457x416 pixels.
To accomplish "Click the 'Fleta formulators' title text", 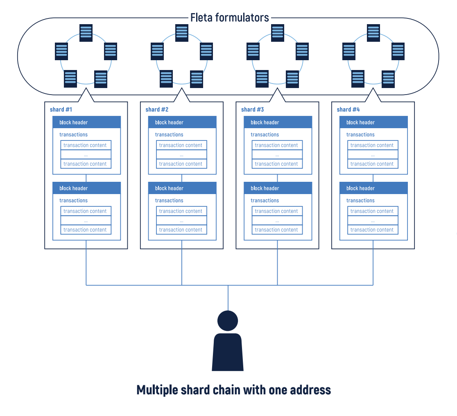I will (x=229, y=18).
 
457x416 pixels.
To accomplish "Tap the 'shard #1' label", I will (x=61, y=109).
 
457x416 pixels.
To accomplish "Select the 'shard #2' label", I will (x=157, y=109).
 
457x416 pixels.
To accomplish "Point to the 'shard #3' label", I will (x=252, y=109).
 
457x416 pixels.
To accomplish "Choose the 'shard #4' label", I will (x=348, y=109).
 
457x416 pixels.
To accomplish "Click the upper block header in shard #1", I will (x=86, y=122).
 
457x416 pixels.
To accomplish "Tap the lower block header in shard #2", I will (x=182, y=188).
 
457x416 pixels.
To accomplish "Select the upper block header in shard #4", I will (x=373, y=122).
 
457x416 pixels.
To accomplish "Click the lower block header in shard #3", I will (x=278, y=188).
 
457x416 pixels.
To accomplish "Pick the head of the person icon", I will (x=228, y=320).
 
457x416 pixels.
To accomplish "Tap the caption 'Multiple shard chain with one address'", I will (x=233, y=389).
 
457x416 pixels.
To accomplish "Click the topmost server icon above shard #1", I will (x=86, y=31).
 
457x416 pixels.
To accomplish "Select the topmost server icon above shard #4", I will (x=373, y=31).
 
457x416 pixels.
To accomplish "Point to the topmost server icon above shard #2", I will (x=182, y=31).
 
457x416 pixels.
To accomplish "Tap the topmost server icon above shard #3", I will (x=278, y=31).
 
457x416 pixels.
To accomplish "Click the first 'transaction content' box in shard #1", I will (x=86, y=145).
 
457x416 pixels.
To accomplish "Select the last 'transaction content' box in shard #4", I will (x=373, y=230).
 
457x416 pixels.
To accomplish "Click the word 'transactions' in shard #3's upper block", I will (x=265, y=134).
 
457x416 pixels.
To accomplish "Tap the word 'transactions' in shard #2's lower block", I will (x=169, y=200).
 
